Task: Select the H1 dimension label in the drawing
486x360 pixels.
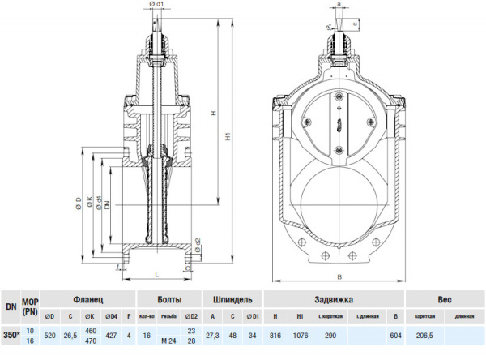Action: [x=228, y=138]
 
